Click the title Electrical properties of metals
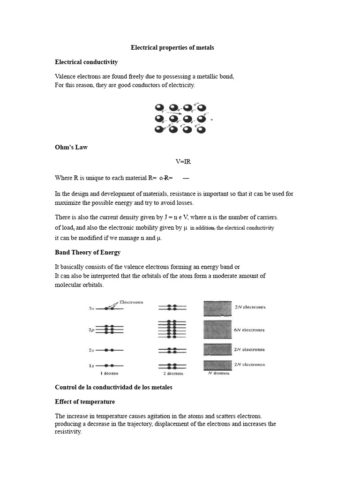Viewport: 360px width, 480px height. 172,48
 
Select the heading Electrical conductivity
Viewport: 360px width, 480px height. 86,62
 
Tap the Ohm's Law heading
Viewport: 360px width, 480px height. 71,147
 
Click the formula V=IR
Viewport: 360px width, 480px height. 183,162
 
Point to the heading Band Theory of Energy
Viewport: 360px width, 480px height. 88,252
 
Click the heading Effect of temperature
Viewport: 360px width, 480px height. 85,402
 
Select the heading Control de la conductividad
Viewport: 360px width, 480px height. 113,387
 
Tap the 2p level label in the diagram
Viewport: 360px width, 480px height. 91,330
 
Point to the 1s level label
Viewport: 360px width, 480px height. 91,365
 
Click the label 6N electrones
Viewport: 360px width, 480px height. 249,330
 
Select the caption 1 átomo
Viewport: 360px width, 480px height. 109,373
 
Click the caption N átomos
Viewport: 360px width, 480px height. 218,374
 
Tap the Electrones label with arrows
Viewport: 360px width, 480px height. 132,302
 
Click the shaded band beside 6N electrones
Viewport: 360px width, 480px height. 217,330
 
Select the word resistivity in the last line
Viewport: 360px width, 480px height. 68,432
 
